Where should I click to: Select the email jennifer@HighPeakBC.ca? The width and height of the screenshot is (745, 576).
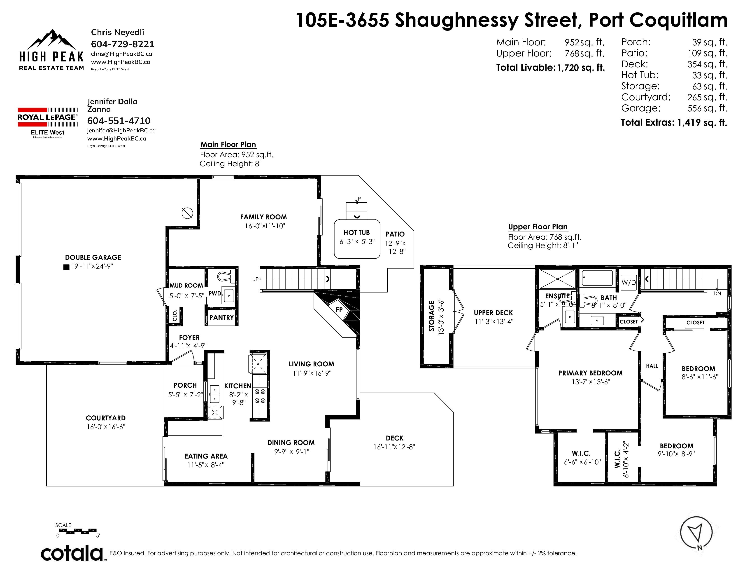point(121,130)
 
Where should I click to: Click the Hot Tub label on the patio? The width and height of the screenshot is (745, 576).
point(356,232)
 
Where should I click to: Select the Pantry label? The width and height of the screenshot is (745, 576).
point(222,318)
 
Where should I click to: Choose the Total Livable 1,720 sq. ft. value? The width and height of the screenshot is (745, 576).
point(581,68)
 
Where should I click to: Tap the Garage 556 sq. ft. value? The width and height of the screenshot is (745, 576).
point(708,108)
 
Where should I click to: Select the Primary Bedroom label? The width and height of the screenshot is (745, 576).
point(591,373)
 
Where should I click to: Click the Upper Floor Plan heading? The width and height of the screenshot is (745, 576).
point(538,227)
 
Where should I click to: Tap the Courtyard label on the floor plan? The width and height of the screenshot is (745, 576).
point(106,418)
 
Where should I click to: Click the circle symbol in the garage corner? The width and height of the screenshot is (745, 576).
point(187,213)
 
